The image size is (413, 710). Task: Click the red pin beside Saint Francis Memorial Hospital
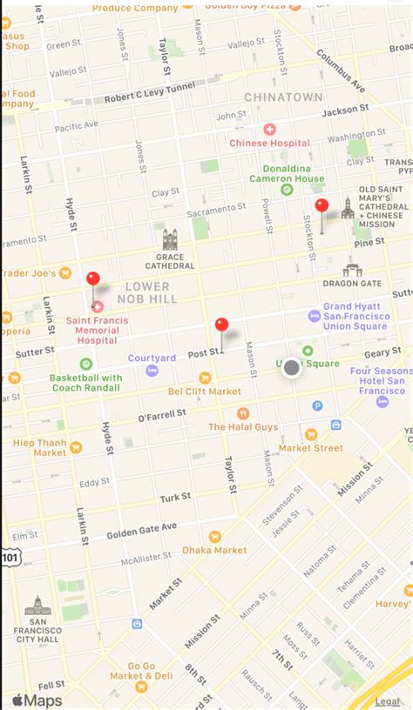pyautogui.click(x=93, y=280)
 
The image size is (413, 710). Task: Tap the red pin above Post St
pyautogui.click(x=221, y=326)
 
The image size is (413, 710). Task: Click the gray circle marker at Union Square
pyautogui.click(x=291, y=369)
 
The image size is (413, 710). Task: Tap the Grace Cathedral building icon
pyautogui.click(x=170, y=239)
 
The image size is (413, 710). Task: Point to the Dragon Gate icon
pyautogui.click(x=352, y=267)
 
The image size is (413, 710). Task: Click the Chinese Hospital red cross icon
pyautogui.click(x=269, y=129)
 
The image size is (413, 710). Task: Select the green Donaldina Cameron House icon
pyautogui.click(x=287, y=189)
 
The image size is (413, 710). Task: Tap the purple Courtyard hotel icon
pyautogui.click(x=152, y=371)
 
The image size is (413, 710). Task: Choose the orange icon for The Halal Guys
pyautogui.click(x=243, y=413)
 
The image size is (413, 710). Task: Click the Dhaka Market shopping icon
pyautogui.click(x=214, y=537)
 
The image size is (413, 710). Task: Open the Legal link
pyautogui.click(x=387, y=700)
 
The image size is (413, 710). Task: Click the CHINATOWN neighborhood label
pyautogui.click(x=283, y=97)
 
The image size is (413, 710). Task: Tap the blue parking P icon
pyautogui.click(x=317, y=405)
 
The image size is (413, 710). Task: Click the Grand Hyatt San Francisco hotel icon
pyautogui.click(x=315, y=316)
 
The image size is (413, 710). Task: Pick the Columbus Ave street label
pyautogui.click(x=341, y=70)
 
